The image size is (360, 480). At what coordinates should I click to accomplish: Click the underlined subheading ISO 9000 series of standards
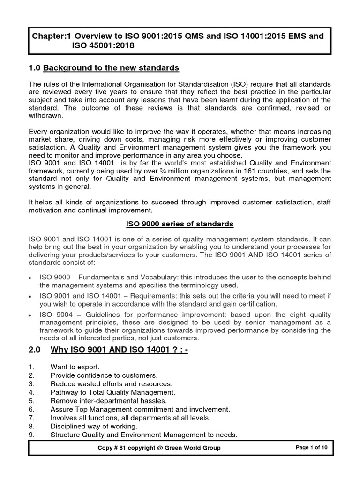tap(180, 224)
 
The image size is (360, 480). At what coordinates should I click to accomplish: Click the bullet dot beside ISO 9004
tap(30, 315)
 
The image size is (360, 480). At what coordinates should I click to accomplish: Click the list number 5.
tap(31, 401)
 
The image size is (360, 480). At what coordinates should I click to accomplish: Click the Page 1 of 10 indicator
tap(312, 448)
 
